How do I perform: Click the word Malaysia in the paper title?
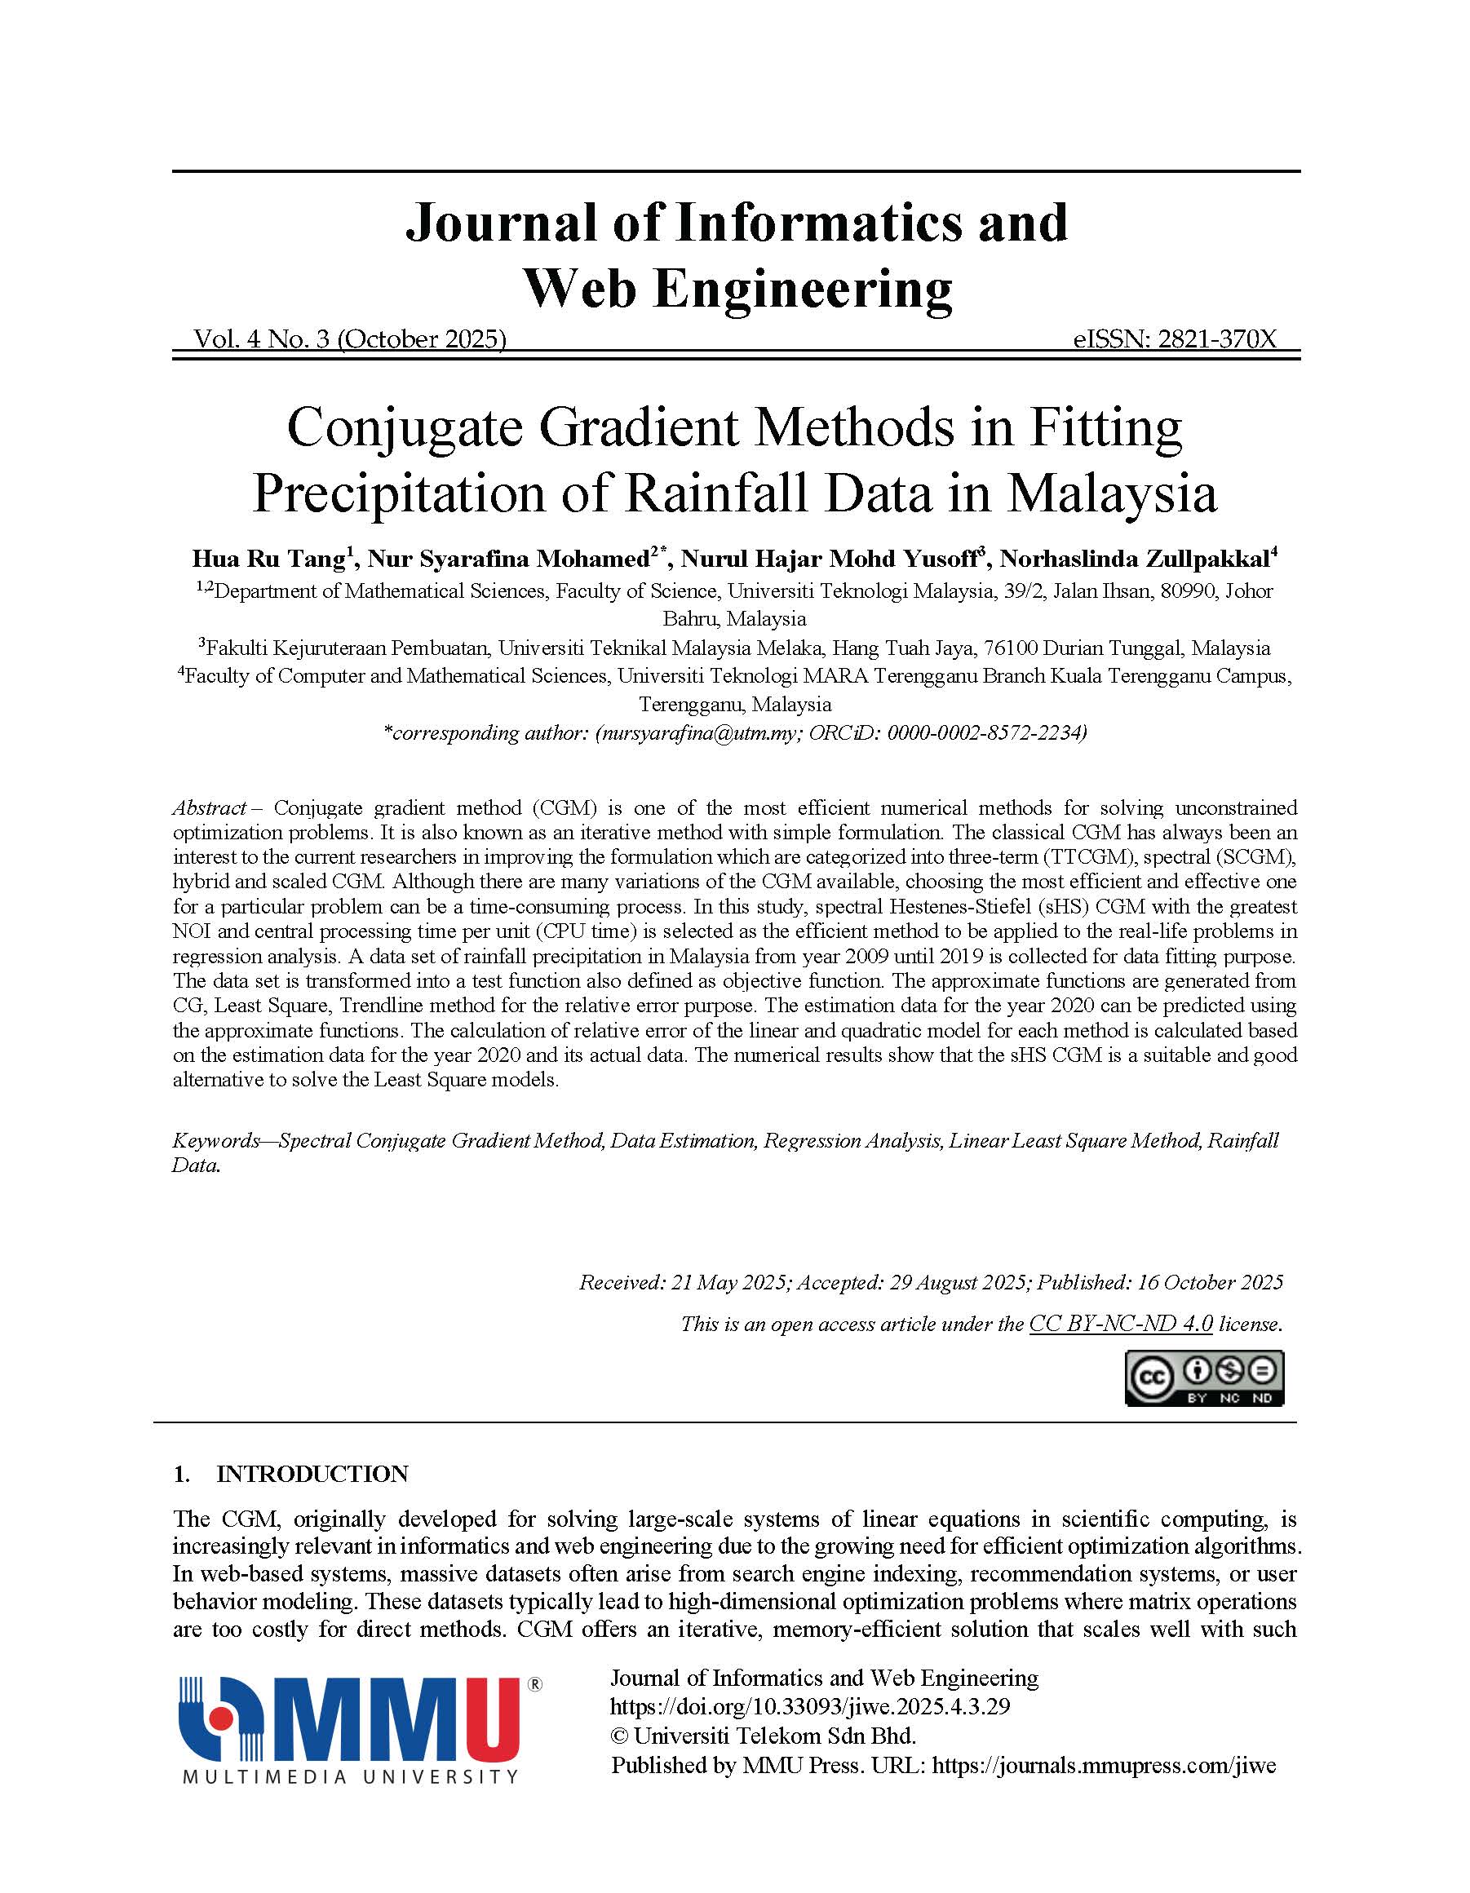point(1111,494)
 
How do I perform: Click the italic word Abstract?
point(209,807)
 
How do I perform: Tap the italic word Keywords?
point(215,1141)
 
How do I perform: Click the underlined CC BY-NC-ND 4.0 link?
point(1120,1325)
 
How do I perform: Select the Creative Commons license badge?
point(1204,1378)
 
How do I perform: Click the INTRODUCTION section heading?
point(312,1475)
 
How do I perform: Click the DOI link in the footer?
point(809,1707)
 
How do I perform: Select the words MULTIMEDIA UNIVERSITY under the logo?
point(350,1777)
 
